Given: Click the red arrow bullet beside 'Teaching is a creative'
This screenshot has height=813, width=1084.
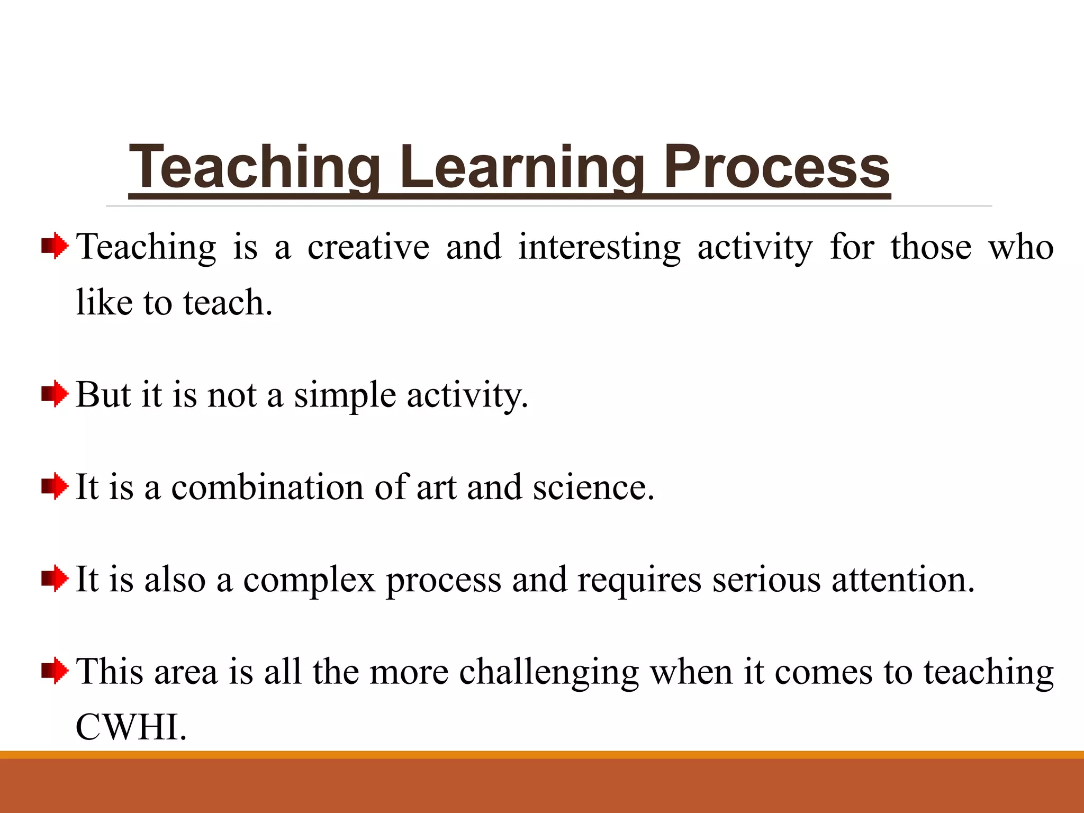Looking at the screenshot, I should [55, 247].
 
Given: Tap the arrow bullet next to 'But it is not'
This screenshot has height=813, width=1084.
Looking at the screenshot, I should [55, 395].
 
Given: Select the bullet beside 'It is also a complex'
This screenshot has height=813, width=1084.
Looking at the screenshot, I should [55, 579].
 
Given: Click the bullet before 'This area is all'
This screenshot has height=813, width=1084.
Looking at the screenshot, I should [55, 671].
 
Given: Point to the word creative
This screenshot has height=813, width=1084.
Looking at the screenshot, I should [368, 248].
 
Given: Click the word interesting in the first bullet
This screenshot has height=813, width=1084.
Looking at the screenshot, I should [599, 248].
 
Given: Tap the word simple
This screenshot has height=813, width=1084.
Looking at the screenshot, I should [345, 396].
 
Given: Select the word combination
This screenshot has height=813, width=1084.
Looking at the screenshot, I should [267, 487].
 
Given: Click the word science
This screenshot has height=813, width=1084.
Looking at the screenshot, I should [593, 487].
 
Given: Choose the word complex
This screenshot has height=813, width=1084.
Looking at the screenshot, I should [309, 580].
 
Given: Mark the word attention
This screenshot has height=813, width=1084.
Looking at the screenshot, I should [902, 579].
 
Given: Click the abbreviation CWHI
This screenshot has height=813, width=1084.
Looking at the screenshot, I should [130, 727].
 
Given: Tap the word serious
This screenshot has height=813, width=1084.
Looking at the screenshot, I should [766, 580].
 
